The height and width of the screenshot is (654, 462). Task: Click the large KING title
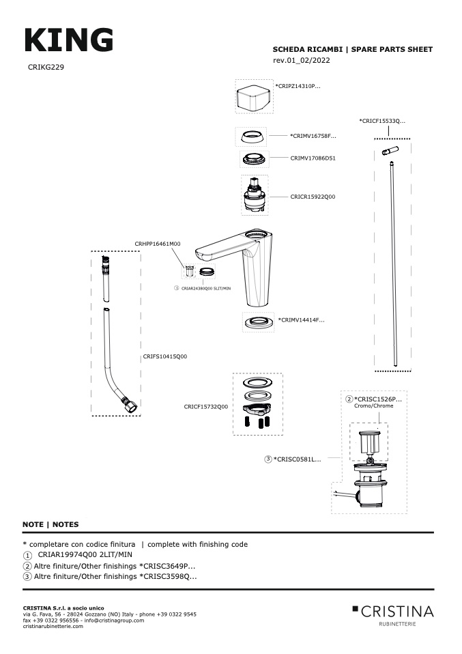pyautogui.click(x=69, y=40)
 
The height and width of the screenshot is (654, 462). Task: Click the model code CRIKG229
pyautogui.click(x=46, y=67)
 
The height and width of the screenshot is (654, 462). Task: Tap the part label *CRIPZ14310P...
pyautogui.click(x=298, y=86)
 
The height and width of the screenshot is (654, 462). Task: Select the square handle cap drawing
pyautogui.click(x=253, y=97)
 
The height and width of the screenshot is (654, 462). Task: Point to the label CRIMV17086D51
pyautogui.click(x=313, y=158)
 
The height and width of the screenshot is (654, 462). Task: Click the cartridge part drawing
pyautogui.click(x=255, y=195)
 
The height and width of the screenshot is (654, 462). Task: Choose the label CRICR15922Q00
pyautogui.click(x=313, y=197)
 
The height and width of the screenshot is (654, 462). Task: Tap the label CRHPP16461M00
pyautogui.click(x=158, y=244)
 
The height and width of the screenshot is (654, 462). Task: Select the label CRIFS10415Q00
pyautogui.click(x=165, y=356)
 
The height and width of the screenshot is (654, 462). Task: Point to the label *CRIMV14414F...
pyautogui.click(x=302, y=320)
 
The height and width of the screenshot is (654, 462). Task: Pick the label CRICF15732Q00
pyautogui.click(x=206, y=407)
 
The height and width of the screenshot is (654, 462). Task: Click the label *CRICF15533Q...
pyautogui.click(x=382, y=121)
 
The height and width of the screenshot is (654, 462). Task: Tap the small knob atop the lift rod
pyautogui.click(x=390, y=150)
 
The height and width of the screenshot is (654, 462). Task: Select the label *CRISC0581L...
pyautogui.click(x=298, y=459)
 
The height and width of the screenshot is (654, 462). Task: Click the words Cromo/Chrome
pyautogui.click(x=373, y=406)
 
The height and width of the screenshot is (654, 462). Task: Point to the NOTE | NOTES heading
pyautogui.click(x=50, y=524)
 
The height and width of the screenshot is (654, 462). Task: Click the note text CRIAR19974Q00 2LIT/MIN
pyautogui.click(x=85, y=555)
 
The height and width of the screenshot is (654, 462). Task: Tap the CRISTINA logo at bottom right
pyautogui.click(x=393, y=615)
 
